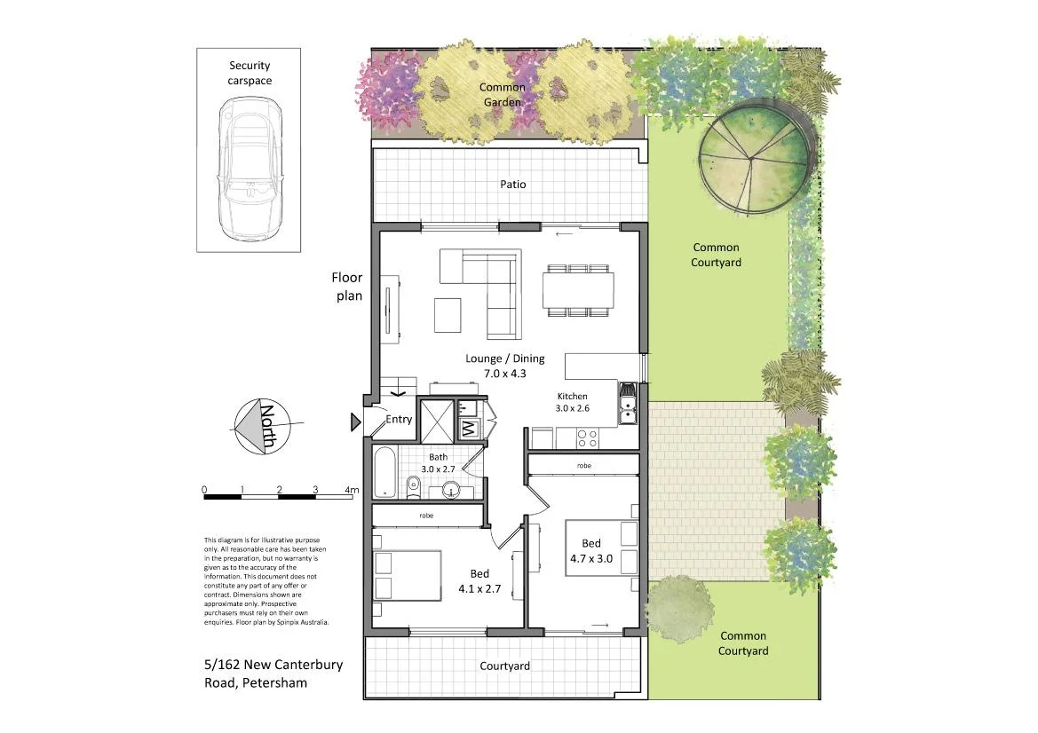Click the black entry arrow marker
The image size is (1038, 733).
356,422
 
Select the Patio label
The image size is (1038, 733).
512,185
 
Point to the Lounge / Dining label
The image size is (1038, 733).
505,366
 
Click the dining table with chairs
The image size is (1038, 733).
578,289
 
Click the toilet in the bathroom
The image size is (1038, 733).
413,487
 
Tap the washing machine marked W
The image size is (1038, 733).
469,429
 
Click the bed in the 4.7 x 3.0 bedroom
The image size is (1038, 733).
602,548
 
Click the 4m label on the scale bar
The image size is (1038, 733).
352,490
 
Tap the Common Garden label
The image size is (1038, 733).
503,95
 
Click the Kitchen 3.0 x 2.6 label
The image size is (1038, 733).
573,402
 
